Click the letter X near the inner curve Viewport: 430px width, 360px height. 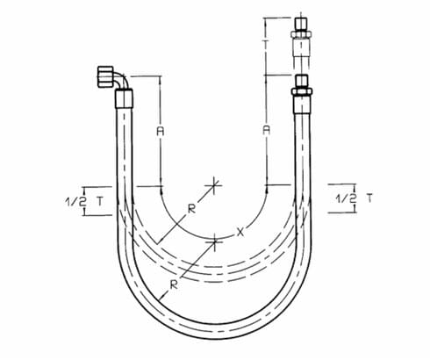pyautogui.click(x=239, y=232)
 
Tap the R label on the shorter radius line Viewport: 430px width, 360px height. pyautogui.click(x=190, y=210)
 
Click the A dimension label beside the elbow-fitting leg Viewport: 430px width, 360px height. pyautogui.click(x=160, y=130)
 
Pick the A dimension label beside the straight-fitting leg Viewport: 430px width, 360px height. pyautogui.click(x=266, y=130)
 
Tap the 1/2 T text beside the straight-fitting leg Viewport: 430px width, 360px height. pyautogui.click(x=351, y=199)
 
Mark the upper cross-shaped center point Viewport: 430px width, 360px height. pyautogui.click(x=213, y=185)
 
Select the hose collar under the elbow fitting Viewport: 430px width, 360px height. pyautogui.click(x=123, y=99)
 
